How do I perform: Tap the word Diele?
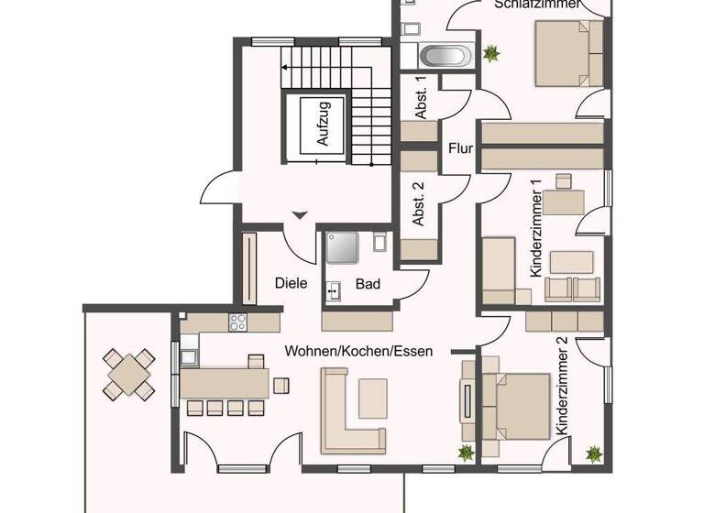tap(291, 283)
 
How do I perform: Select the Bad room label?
tap(368, 285)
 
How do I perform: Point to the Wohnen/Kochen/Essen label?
tap(358, 351)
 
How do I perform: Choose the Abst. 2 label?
tap(418, 204)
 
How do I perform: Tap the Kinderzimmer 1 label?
tap(537, 229)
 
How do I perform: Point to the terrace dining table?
tap(127, 374)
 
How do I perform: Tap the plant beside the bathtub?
tap(492, 52)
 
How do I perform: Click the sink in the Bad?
tap(333, 291)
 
